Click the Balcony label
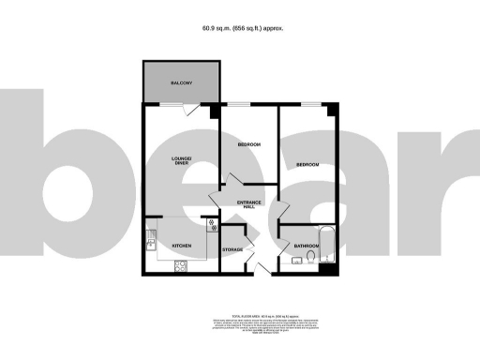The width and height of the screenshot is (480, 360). point(181,84)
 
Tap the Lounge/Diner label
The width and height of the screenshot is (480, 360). point(181,161)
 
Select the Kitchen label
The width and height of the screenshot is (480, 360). point(181,247)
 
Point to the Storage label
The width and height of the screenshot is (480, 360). point(232,249)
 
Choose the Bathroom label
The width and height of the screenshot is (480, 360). point(306,247)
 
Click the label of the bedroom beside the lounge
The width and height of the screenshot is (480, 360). point(248,144)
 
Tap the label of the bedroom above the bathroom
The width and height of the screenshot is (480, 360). point(307,165)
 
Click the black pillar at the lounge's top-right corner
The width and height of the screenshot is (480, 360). point(215,112)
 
